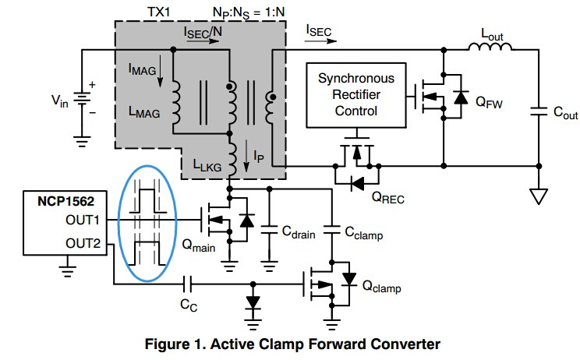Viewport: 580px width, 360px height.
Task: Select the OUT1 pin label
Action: tap(80, 220)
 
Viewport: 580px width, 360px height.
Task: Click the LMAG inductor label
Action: tap(144, 112)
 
